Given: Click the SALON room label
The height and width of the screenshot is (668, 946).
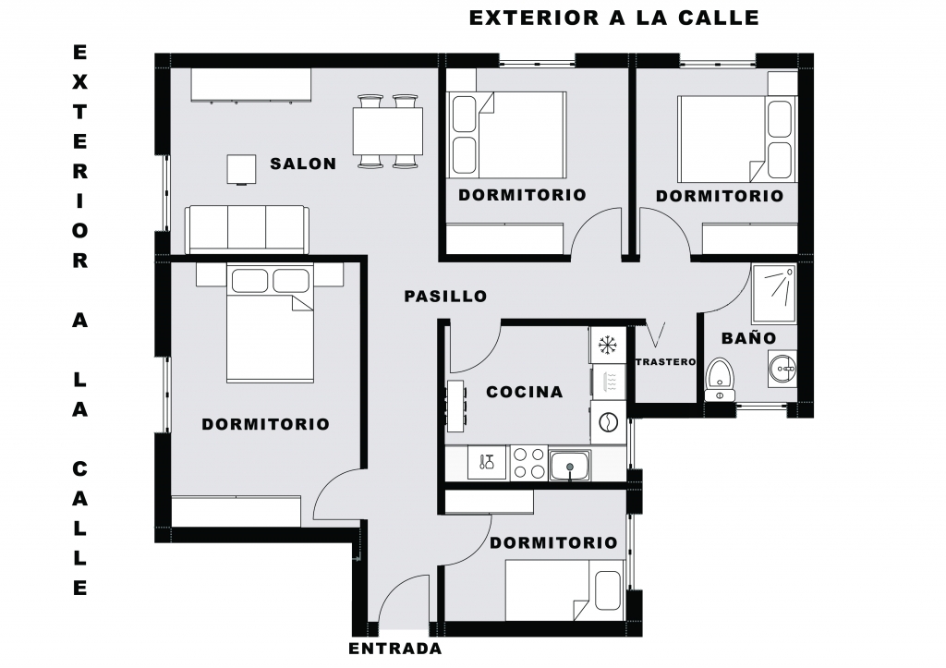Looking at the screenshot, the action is [x=303, y=164].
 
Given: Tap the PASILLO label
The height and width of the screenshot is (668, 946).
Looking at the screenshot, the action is [x=445, y=297].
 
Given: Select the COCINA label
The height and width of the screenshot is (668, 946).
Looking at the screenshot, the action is [x=525, y=393].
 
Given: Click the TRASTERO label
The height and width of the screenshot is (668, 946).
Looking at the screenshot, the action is [x=665, y=362].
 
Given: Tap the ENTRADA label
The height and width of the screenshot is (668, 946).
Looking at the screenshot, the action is [x=395, y=649].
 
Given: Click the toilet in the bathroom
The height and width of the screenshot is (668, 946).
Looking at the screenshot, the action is [x=720, y=379].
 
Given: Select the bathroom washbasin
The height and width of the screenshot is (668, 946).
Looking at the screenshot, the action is [x=782, y=369].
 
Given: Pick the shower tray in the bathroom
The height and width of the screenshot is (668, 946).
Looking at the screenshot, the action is [x=773, y=293].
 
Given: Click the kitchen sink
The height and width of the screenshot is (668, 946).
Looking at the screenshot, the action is [x=569, y=466].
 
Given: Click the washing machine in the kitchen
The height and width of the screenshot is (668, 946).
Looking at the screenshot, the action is [x=609, y=422].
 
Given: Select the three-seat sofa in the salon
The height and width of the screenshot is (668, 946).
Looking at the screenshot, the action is [x=247, y=230].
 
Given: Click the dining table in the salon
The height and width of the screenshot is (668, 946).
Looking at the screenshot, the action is [x=387, y=131].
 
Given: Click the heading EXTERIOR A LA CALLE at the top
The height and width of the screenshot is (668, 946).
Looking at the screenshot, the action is [x=614, y=18].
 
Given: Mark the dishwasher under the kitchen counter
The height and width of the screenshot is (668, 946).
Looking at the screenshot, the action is [x=487, y=464].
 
